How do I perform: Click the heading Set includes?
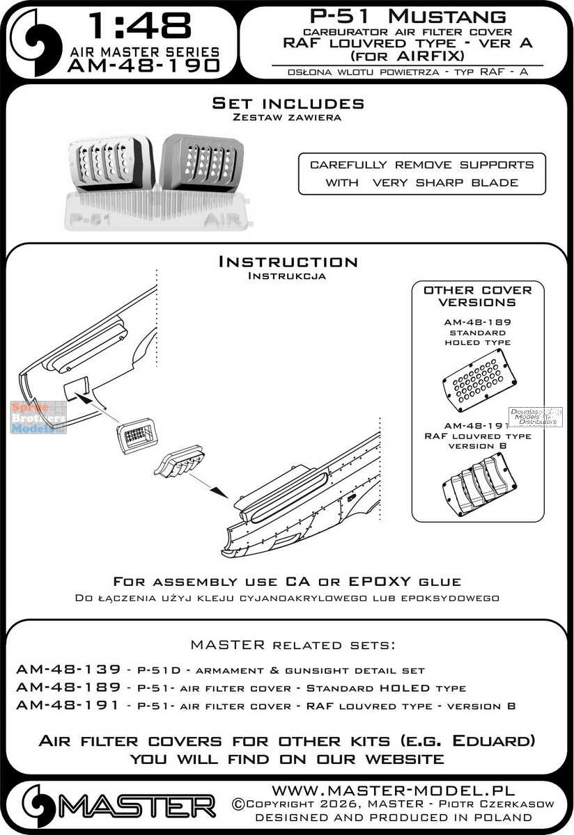(288, 104)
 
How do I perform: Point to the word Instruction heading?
(288, 262)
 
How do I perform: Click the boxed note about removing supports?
(421, 174)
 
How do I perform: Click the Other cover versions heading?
(477, 296)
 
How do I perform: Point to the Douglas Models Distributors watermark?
(536, 417)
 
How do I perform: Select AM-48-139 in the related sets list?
(60, 670)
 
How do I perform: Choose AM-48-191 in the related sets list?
(60, 706)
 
